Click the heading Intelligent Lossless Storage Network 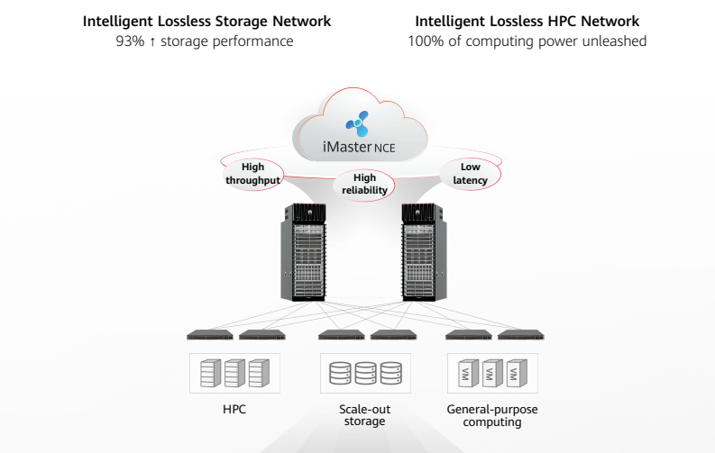(x=206, y=21)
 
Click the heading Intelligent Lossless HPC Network (x=527, y=21)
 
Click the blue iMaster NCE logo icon (x=357, y=123)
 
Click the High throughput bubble (x=252, y=173)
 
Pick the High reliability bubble (x=364, y=184)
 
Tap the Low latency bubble (x=470, y=174)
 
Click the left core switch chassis (x=303, y=254)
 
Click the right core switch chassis (x=421, y=254)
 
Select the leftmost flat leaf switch (x=209, y=335)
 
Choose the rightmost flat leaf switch (x=520, y=335)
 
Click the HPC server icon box (x=234, y=373)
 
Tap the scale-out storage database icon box (x=364, y=373)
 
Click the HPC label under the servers (x=234, y=410)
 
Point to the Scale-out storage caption (x=364, y=415)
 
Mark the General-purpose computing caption (x=491, y=415)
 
